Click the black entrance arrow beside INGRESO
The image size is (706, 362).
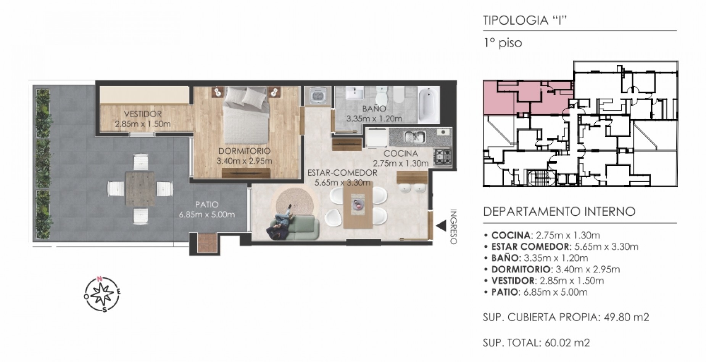click(441, 226)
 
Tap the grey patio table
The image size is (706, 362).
click(140, 189)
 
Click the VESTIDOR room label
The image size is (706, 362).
click(143, 114)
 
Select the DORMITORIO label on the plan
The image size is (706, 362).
click(244, 151)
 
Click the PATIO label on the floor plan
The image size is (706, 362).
click(206, 205)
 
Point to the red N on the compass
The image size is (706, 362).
click(100, 279)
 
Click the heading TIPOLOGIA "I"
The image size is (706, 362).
click(524, 20)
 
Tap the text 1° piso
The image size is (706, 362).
click(502, 43)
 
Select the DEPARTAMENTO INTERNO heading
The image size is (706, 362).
click(559, 211)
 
